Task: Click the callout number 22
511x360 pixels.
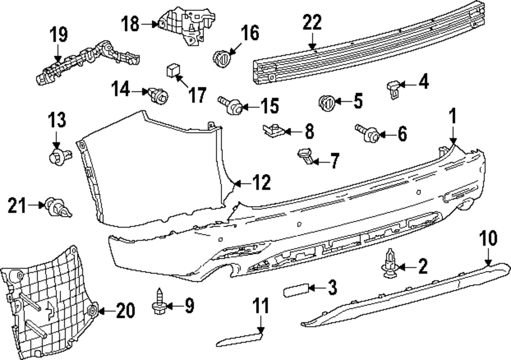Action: click(x=312, y=23)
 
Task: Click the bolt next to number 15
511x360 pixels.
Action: click(x=231, y=106)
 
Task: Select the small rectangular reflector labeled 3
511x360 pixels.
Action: click(x=294, y=290)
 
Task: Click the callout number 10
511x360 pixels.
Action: click(x=488, y=238)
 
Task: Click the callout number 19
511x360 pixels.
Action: click(x=58, y=36)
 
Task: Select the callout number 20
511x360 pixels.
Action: click(x=126, y=310)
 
